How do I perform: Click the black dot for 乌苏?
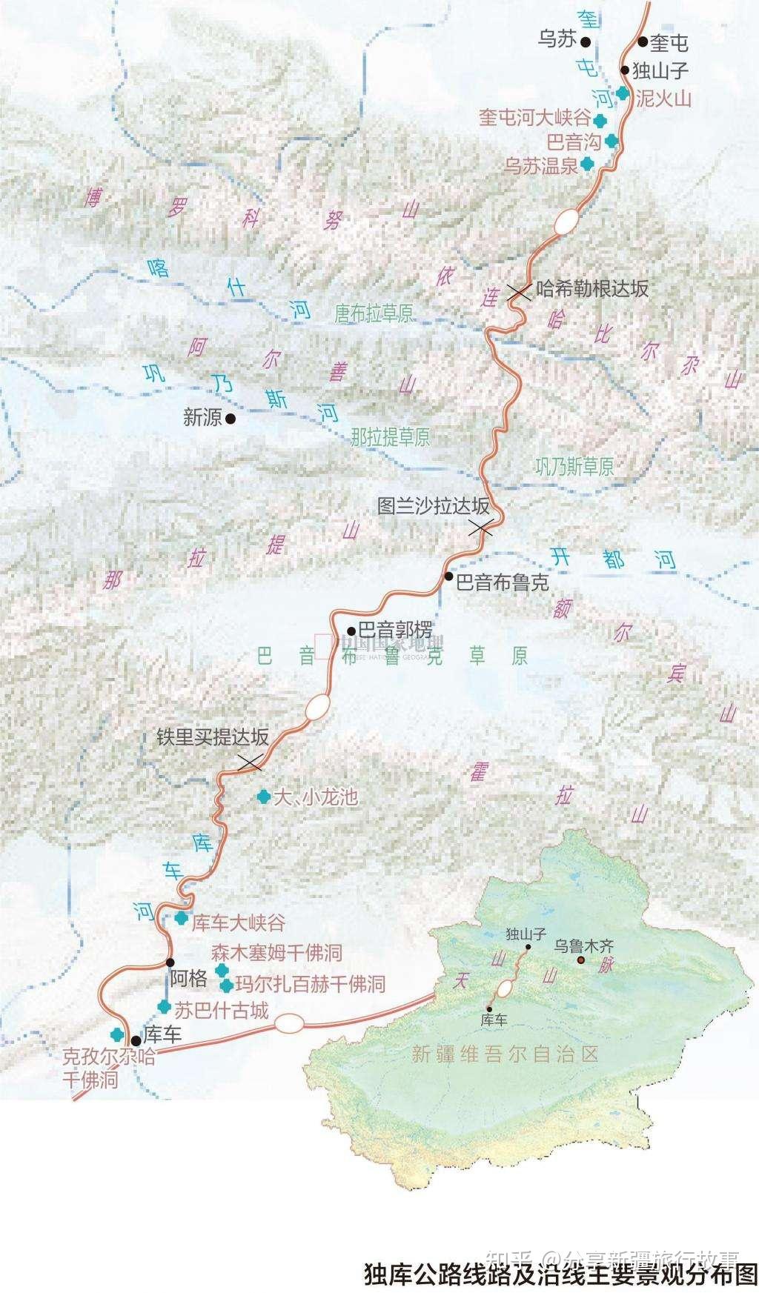586,41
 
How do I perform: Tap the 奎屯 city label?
669,43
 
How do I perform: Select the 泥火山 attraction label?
663,98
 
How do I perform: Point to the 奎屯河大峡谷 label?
534,118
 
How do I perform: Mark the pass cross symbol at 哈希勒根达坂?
519,292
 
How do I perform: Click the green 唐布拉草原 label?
374,313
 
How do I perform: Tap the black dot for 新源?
231,419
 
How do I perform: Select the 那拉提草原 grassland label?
391,436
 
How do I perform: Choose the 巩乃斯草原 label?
574,466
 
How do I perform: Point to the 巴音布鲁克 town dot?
449,576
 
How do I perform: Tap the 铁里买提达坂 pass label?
212,737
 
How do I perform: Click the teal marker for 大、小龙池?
262,797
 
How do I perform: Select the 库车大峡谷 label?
239,923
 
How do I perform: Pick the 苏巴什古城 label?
221,1010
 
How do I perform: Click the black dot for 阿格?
170,963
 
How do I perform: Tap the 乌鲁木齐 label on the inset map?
585,946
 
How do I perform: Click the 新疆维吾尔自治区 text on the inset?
505,1054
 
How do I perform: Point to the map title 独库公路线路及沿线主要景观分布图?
560,1274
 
